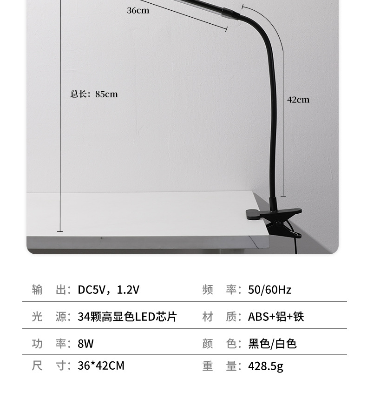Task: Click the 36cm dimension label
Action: [x=138, y=10]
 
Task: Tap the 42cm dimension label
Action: [x=298, y=100]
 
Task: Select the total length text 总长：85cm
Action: [x=94, y=94]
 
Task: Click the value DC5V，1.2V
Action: [x=108, y=290]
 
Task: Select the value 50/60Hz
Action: [x=269, y=290]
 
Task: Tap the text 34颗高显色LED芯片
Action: [x=127, y=317]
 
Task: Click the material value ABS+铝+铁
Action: [x=275, y=317]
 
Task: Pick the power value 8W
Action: [x=86, y=344]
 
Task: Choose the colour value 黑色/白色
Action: [x=272, y=344]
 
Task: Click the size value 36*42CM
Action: [x=101, y=366]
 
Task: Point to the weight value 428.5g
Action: [x=265, y=366]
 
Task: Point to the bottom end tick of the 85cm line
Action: [x=60, y=231]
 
